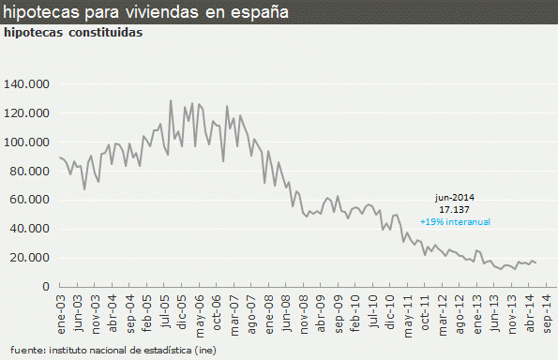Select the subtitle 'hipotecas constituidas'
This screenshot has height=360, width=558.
click(x=73, y=32)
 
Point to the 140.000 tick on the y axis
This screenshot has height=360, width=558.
click(x=26, y=84)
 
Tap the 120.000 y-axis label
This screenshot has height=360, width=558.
click(x=26, y=113)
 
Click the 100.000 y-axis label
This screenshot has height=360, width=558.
click(x=26, y=142)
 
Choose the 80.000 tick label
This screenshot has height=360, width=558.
click(x=29, y=172)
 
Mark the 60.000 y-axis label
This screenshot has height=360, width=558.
click(x=29, y=201)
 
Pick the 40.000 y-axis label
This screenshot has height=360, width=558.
click(x=29, y=229)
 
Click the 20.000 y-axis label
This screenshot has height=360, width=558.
click(x=29, y=258)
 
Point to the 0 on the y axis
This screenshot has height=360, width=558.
click(x=44, y=287)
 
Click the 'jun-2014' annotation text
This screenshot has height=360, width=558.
click(x=455, y=198)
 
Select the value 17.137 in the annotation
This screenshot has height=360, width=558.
click(x=455, y=210)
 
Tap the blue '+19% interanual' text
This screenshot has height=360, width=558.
click(x=455, y=222)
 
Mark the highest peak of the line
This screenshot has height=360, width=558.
click(x=171, y=100)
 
